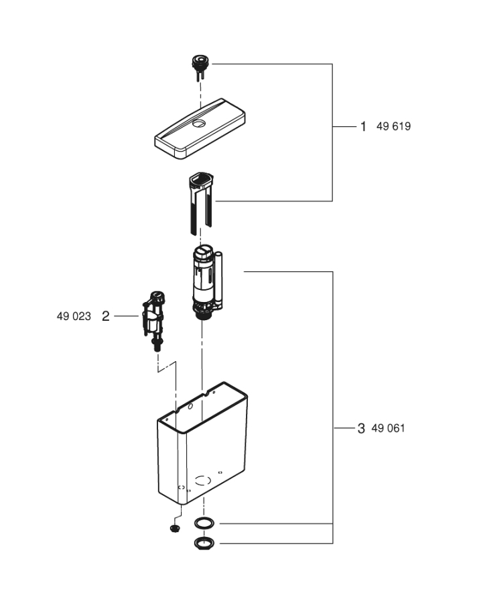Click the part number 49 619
pos(394,126)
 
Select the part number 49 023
pos(74,315)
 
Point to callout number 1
pos(363,126)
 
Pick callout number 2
pos(105,315)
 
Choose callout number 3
pos(361,428)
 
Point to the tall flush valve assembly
pos(204,282)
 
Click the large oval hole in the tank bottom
pos(203,481)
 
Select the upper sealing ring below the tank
pos(204,523)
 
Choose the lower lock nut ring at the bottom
pos(204,542)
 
